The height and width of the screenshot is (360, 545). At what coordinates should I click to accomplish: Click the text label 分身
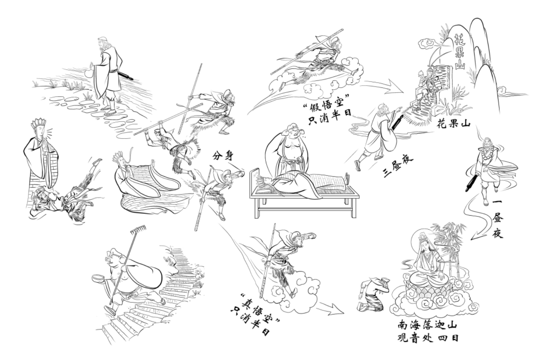pos(223,155)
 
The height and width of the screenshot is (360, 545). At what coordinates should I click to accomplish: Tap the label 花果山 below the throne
pos(453,125)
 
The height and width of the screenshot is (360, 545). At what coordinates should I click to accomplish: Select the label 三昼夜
pos(397,166)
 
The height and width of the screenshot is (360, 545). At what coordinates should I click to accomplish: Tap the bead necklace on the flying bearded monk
pos(487,152)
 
